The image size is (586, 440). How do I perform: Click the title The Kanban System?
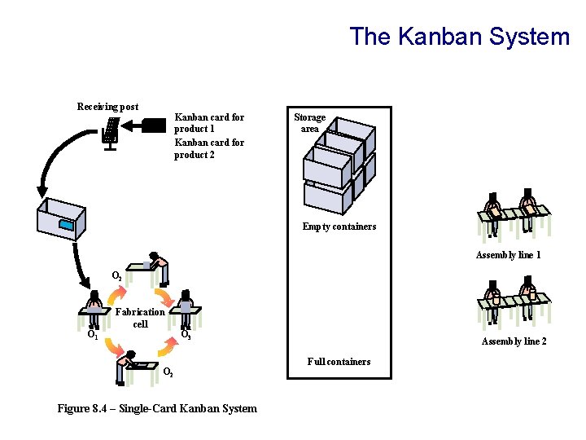click(x=460, y=37)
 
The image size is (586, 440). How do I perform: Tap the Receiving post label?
click(x=107, y=107)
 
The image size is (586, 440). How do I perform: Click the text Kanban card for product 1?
click(x=209, y=123)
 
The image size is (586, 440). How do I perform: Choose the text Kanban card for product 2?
click(x=209, y=148)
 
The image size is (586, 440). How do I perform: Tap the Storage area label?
click(x=309, y=123)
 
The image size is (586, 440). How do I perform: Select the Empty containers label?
click(x=339, y=227)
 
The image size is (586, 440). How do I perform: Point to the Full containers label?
click(x=339, y=362)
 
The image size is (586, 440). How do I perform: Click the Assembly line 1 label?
click(x=509, y=255)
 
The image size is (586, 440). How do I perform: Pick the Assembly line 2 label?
click(x=514, y=341)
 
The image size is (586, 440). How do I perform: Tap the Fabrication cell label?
click(x=140, y=318)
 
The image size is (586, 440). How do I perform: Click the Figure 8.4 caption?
click(x=157, y=408)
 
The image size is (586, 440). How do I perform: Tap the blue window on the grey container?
click(x=67, y=224)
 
